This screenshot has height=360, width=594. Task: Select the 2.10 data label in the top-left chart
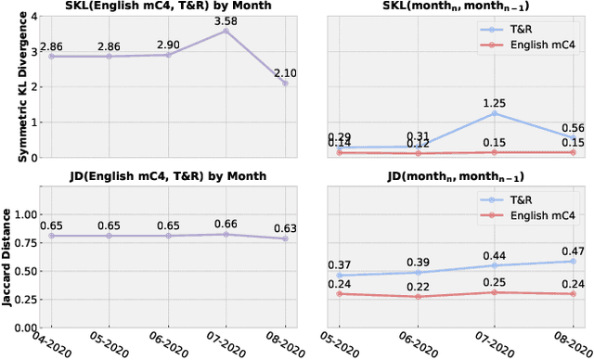point(285,73)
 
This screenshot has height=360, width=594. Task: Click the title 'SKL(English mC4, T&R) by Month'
point(157,6)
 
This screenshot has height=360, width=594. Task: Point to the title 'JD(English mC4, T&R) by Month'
point(157,175)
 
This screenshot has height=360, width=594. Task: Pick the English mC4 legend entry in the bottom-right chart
point(539,213)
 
